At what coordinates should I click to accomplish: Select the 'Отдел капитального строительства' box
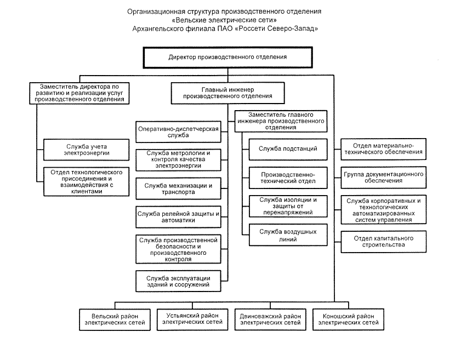383,242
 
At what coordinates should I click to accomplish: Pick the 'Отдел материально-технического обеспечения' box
383,150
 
